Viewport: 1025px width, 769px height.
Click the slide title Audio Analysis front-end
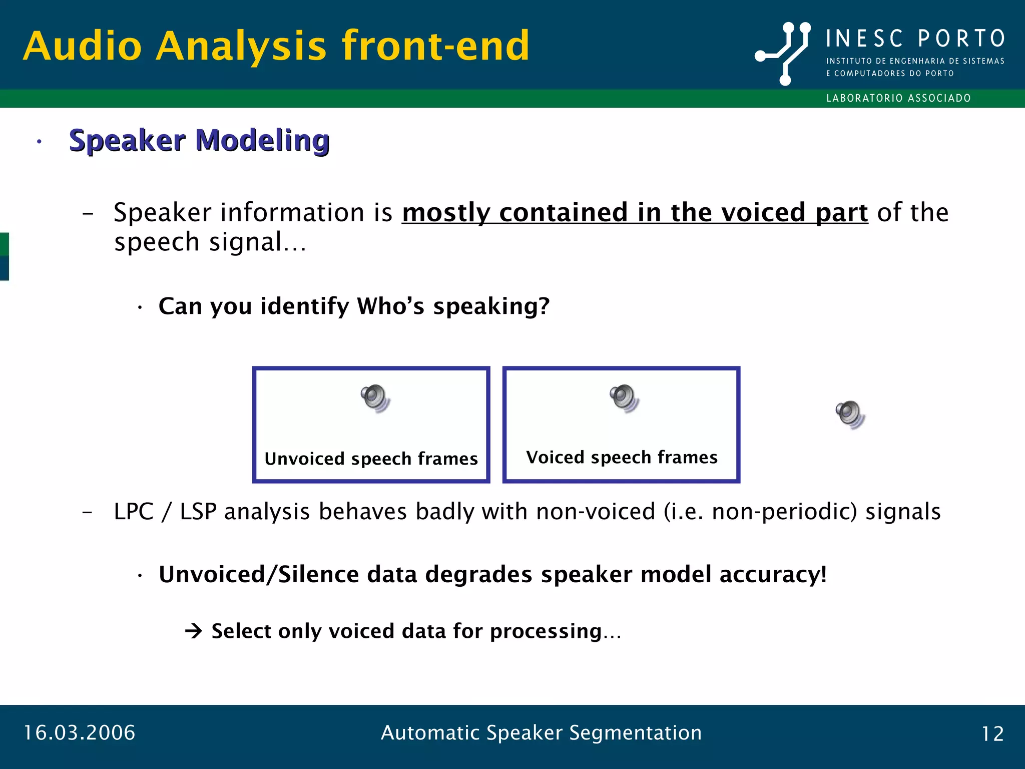click(276, 46)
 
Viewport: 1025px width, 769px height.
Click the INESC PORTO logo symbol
click(783, 53)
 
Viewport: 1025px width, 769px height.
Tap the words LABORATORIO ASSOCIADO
click(898, 98)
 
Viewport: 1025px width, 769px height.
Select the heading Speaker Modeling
click(199, 140)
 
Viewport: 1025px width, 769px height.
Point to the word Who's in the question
click(390, 306)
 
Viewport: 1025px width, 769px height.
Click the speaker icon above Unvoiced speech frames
click(375, 399)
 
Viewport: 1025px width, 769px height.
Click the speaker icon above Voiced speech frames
click(624, 399)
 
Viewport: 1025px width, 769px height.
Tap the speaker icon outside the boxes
click(850, 415)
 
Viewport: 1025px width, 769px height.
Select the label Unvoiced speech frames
click(371, 459)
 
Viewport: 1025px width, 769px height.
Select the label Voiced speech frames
click(622, 457)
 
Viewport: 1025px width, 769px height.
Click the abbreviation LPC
click(133, 512)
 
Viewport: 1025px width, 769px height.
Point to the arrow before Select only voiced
click(193, 631)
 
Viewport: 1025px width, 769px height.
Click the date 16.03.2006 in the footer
click(80, 733)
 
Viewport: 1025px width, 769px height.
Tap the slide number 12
click(992, 734)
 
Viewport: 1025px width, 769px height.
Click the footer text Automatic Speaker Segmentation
click(541, 733)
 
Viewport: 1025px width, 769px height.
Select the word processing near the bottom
click(546, 631)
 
